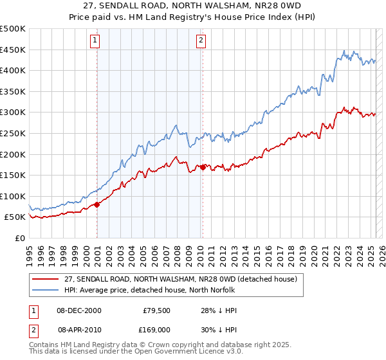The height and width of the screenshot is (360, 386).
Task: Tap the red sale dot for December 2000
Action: [x=97, y=204]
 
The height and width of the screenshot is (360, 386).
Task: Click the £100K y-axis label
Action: [x=14, y=197]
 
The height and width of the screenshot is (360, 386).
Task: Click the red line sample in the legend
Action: [x=46, y=279]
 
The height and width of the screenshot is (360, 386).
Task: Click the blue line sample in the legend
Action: [x=46, y=290]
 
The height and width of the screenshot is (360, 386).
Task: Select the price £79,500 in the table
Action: [x=156, y=311]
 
